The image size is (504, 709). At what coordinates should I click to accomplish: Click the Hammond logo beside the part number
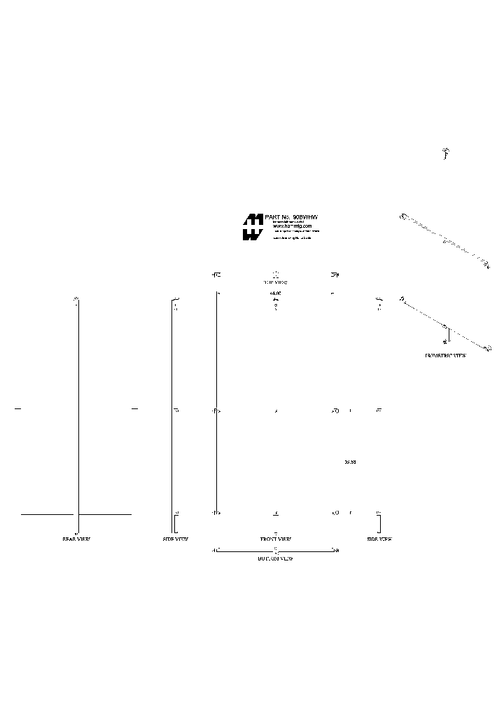coord(253,227)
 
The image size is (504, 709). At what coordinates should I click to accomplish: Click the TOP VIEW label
coord(276,282)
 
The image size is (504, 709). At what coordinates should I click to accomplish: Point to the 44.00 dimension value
coord(275,293)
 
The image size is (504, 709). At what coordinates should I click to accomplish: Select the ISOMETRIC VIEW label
coord(445,356)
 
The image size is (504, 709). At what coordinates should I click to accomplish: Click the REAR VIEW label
coord(76,539)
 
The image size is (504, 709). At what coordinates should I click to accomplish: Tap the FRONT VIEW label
coord(276,539)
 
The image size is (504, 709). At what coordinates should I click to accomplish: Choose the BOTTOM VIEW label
coord(276,559)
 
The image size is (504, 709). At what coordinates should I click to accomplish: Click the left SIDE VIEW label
coord(175,539)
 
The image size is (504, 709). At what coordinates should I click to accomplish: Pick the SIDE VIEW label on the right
coord(379,539)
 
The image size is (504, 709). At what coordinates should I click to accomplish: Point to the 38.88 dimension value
coord(351,462)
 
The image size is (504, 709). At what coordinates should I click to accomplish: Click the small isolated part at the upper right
coord(445,153)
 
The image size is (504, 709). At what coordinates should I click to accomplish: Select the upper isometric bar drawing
coord(445,240)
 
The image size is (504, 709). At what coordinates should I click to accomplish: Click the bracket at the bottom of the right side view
coord(380,524)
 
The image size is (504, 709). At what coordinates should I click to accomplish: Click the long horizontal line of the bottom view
coord(276,551)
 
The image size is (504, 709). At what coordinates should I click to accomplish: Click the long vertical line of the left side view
coord(172,413)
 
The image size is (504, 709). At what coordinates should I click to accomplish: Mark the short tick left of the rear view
coord(18,407)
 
